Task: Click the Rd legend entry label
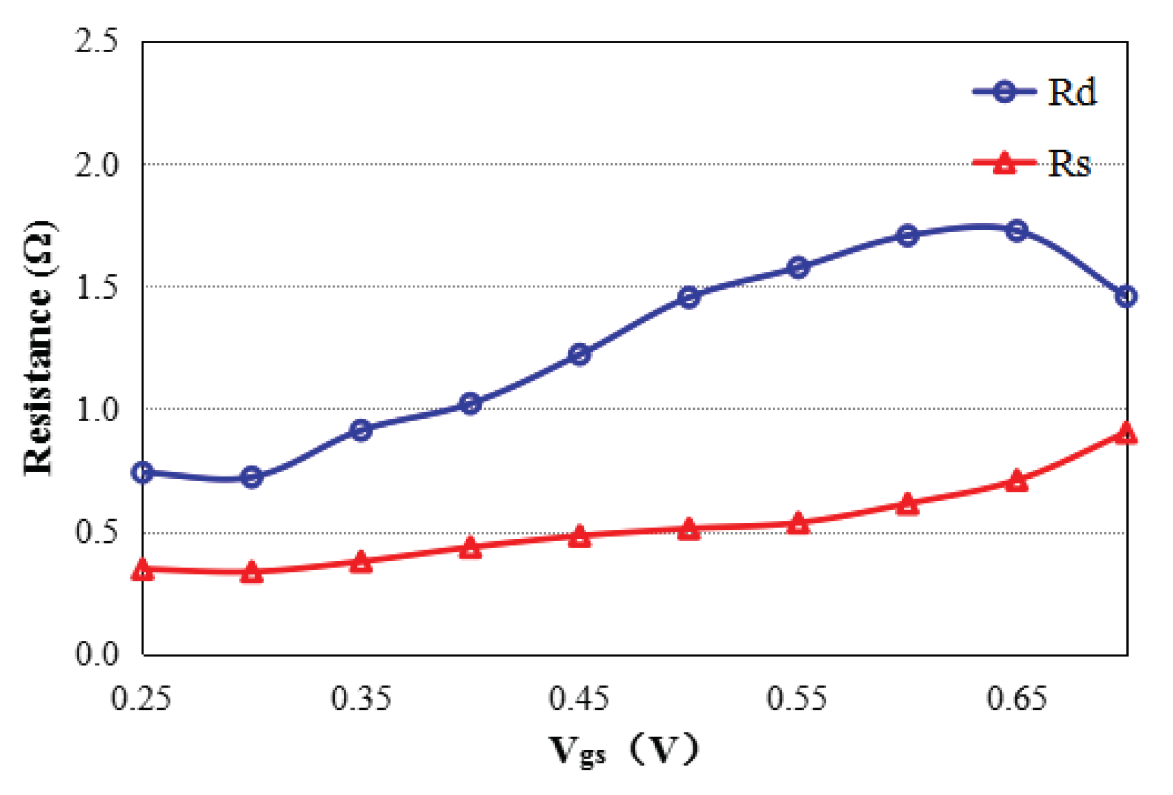(x=1072, y=93)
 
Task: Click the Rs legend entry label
(x=1069, y=163)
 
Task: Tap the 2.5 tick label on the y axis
(x=96, y=41)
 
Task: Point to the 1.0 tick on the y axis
(x=96, y=409)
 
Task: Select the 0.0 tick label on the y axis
(x=96, y=653)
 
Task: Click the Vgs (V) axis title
(x=624, y=749)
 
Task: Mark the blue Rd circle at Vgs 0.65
(x=1016, y=230)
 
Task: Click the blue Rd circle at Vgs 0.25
(x=142, y=472)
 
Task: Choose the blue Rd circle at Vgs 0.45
(x=579, y=355)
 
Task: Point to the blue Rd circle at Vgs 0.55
(x=798, y=267)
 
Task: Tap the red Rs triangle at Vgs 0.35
(x=361, y=563)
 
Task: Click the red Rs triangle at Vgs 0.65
(x=1016, y=481)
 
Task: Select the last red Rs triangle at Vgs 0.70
(x=1126, y=433)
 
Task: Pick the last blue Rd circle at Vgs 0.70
(x=1126, y=296)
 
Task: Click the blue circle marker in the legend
(x=1004, y=92)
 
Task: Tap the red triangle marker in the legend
(x=1004, y=163)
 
